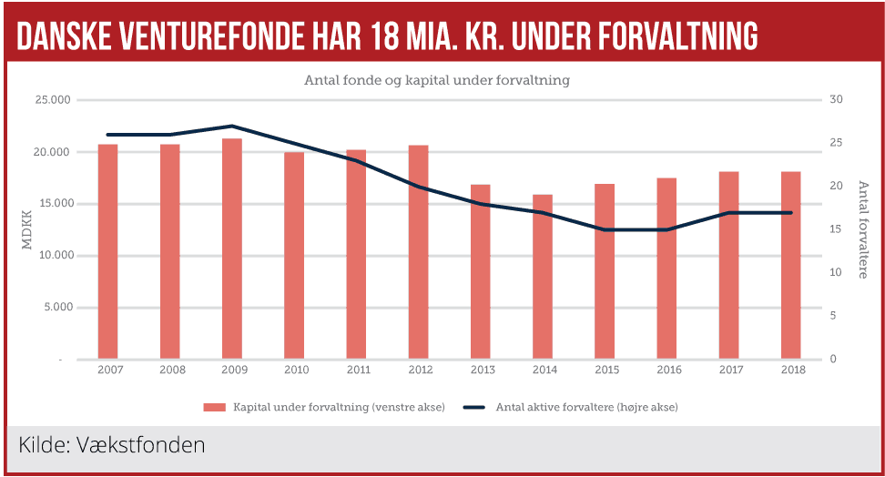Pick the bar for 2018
790,265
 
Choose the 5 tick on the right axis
833,316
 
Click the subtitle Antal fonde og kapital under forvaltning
436,80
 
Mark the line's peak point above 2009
232,126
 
